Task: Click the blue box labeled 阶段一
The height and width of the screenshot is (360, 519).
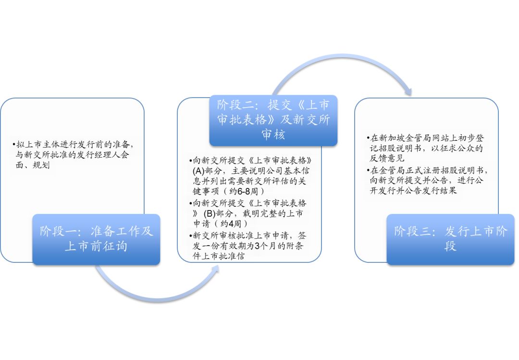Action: (x=96, y=239)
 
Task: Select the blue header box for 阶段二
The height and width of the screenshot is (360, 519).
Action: (x=273, y=120)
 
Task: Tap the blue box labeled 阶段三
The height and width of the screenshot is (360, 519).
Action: (x=450, y=239)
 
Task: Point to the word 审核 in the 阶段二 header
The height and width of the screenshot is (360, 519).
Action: (x=273, y=135)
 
